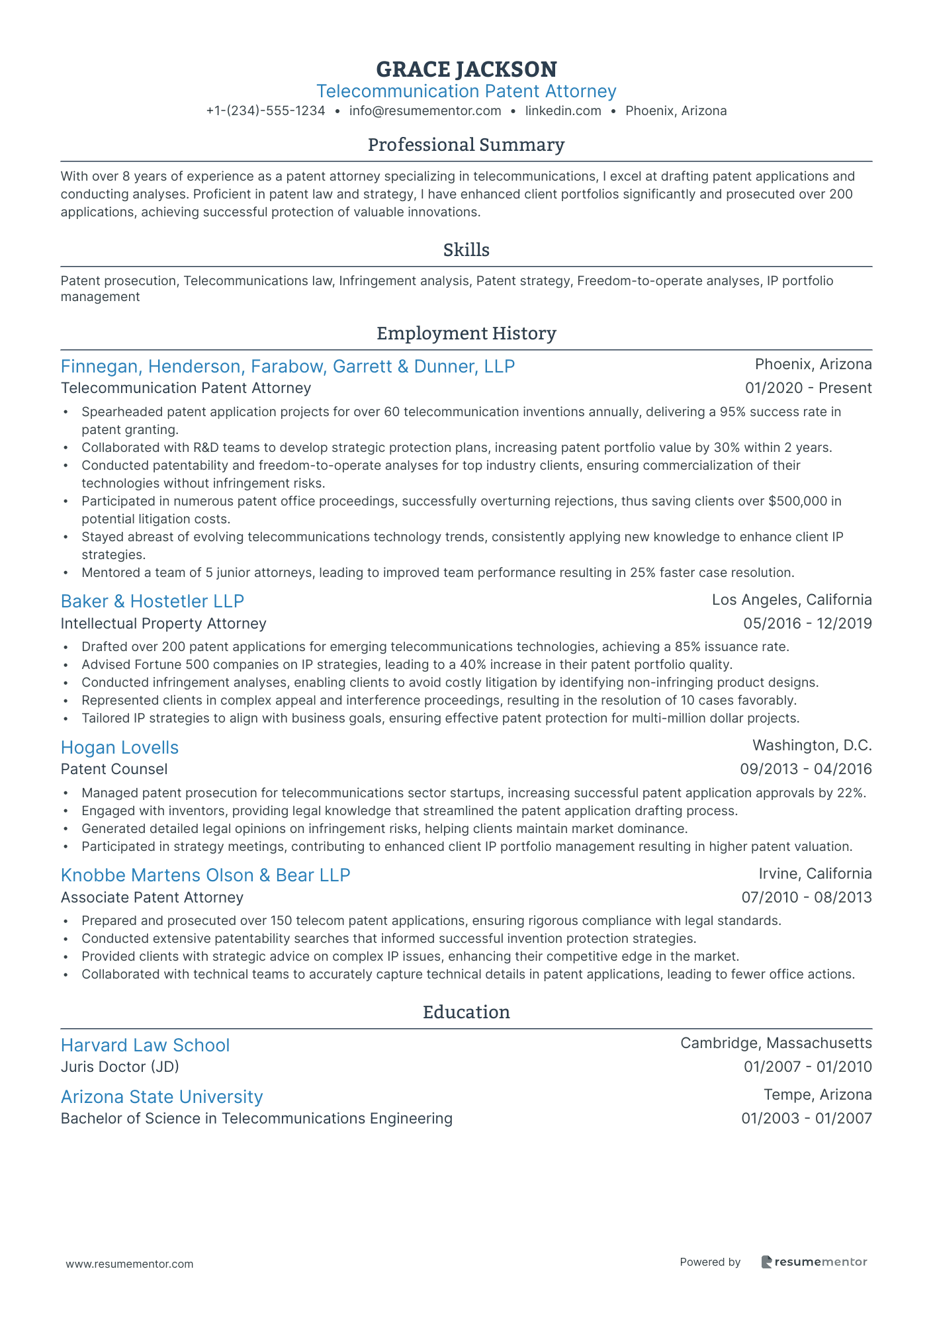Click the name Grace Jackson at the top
point(466,69)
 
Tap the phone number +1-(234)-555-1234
point(265,111)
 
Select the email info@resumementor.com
point(425,111)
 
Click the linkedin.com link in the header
point(563,111)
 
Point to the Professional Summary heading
point(466,145)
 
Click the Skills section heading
point(466,250)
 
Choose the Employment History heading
point(466,333)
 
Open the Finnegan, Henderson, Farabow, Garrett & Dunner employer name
point(287,367)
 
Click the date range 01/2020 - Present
point(808,388)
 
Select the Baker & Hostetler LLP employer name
point(152,601)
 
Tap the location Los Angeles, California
point(791,600)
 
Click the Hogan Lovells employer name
point(120,748)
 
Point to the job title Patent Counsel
point(114,770)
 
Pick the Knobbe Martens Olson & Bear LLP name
point(205,875)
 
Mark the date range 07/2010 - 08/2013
point(806,898)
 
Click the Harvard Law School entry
point(145,1045)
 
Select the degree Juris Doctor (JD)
point(120,1067)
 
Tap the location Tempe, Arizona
point(817,1095)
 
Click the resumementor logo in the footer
point(814,1262)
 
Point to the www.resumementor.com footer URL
point(130,1264)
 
